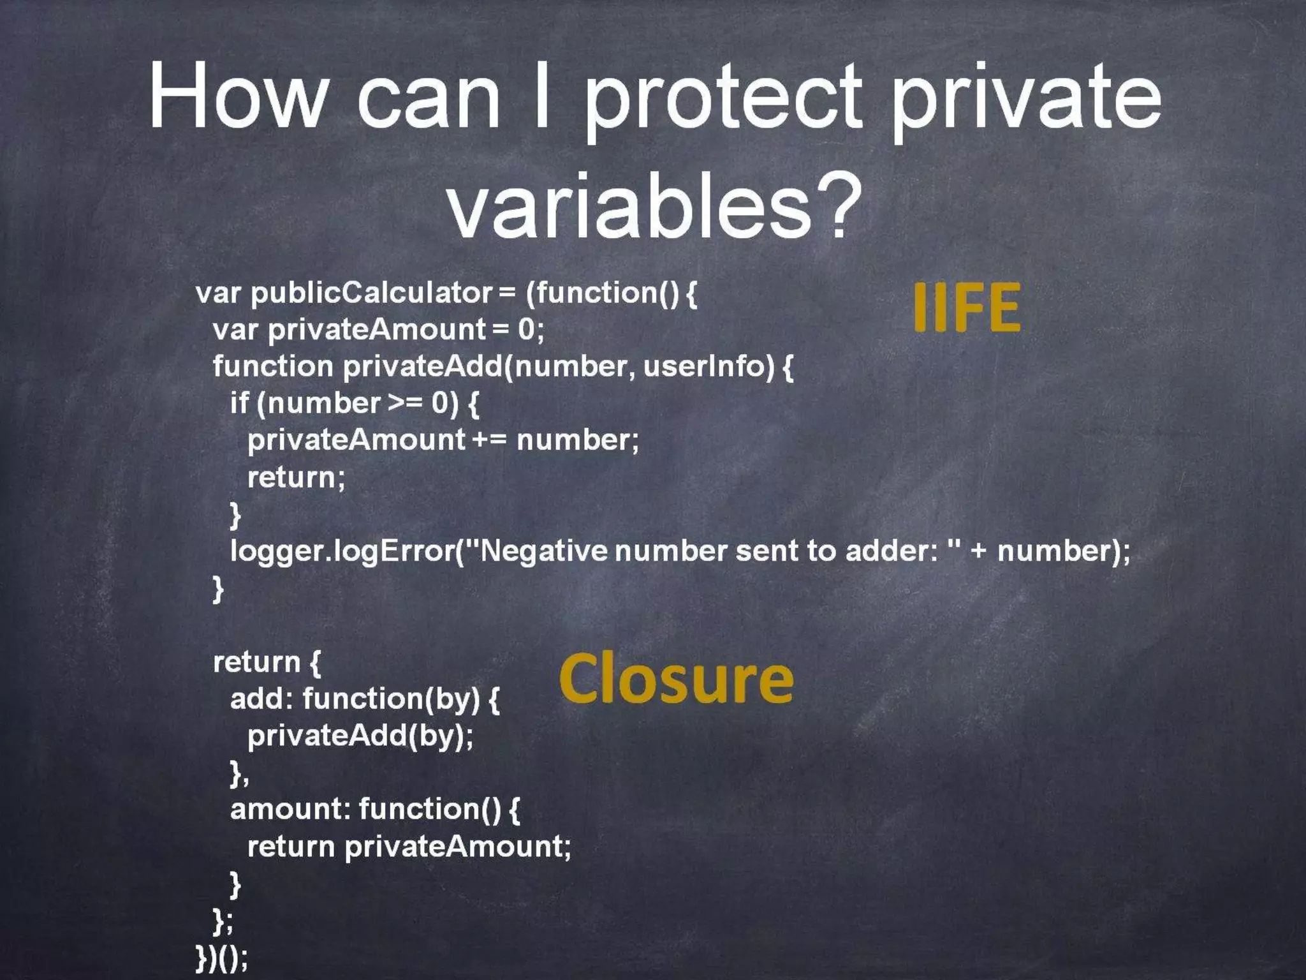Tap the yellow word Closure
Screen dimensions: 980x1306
[x=676, y=680]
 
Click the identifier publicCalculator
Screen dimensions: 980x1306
[x=371, y=293]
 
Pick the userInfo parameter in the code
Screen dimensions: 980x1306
[x=708, y=366]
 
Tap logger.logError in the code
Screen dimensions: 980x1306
[x=342, y=550]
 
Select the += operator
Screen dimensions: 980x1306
[x=489, y=440]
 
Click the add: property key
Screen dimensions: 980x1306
[x=261, y=699]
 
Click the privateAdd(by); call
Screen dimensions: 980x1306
[x=360, y=736]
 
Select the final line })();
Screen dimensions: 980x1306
[x=222, y=957]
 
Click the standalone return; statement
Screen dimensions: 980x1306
[x=296, y=477]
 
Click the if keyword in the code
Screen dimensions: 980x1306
[x=239, y=403]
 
